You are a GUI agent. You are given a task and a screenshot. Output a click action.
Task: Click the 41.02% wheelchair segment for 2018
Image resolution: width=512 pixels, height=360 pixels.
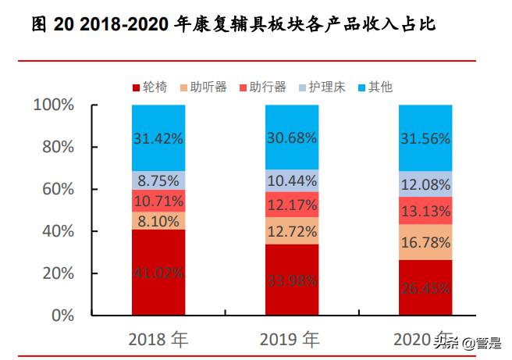[158, 273]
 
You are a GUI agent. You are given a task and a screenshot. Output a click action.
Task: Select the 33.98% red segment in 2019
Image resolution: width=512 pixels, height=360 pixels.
[291, 280]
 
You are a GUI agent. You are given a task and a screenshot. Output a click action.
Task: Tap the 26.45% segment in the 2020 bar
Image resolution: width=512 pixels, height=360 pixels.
[425, 287]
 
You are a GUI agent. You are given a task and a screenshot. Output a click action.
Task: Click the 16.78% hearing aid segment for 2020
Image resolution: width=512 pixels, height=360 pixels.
[425, 242]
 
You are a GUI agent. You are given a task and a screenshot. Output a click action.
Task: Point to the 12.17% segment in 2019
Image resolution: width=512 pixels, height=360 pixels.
[291, 205]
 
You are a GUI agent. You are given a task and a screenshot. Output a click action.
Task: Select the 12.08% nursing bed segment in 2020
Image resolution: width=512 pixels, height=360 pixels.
[425, 184]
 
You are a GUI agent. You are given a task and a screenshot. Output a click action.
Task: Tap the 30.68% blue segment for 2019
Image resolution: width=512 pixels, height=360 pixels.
[291, 137]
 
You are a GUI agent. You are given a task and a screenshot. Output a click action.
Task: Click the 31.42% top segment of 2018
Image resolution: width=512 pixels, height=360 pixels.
[158, 138]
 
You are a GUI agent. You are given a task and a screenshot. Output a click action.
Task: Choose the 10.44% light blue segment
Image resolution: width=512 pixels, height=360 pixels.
[291, 181]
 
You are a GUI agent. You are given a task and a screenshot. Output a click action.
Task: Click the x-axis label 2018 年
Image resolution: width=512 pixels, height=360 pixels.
[158, 340]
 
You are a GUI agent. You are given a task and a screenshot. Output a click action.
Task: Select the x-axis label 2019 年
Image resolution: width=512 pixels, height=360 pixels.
[291, 340]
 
